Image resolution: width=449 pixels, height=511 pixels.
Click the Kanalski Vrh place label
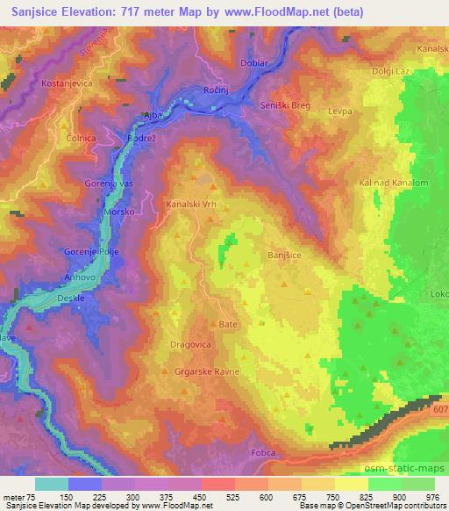coord(190,205)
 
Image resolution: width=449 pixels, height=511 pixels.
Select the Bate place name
coord(228,324)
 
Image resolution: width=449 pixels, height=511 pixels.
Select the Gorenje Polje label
coord(90,252)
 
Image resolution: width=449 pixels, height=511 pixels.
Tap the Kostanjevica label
coord(64,83)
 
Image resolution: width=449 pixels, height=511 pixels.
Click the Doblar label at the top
coord(253,63)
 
